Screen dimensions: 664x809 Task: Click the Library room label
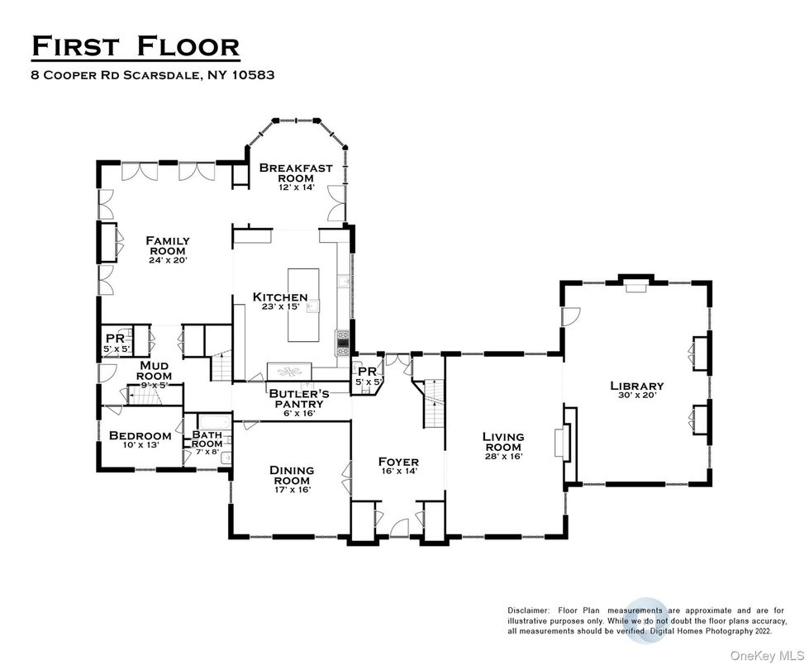(x=636, y=386)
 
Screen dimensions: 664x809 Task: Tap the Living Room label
(x=503, y=442)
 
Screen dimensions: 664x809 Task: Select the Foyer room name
(x=398, y=462)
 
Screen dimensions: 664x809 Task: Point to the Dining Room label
(x=291, y=475)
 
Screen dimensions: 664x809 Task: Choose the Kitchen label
(x=280, y=297)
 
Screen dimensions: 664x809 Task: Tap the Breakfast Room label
(x=296, y=173)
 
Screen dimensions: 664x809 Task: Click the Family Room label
(x=168, y=245)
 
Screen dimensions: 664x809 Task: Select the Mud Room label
(x=155, y=370)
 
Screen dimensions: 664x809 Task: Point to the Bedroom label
(x=140, y=435)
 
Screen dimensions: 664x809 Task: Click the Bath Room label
(x=207, y=439)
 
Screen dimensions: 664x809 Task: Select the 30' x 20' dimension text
(x=636, y=396)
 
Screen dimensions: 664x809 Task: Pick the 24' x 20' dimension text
(x=168, y=260)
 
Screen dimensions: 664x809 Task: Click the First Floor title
(x=136, y=46)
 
